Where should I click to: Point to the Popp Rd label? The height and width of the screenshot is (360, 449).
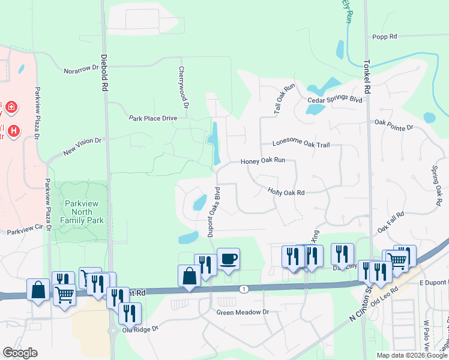point(385,37)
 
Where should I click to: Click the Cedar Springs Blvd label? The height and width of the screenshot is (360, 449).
point(334,100)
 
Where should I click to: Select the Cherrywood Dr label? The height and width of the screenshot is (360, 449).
point(184,87)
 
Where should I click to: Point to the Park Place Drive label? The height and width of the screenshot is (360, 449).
point(153,118)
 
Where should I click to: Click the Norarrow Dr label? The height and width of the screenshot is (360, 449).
point(81,70)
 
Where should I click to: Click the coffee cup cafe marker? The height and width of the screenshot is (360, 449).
point(228,259)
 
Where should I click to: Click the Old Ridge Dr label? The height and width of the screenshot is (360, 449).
point(139,329)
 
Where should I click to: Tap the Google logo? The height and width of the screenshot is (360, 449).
point(20,352)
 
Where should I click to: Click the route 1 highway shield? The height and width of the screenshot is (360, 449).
point(243,289)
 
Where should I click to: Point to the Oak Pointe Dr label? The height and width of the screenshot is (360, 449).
point(394,125)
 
